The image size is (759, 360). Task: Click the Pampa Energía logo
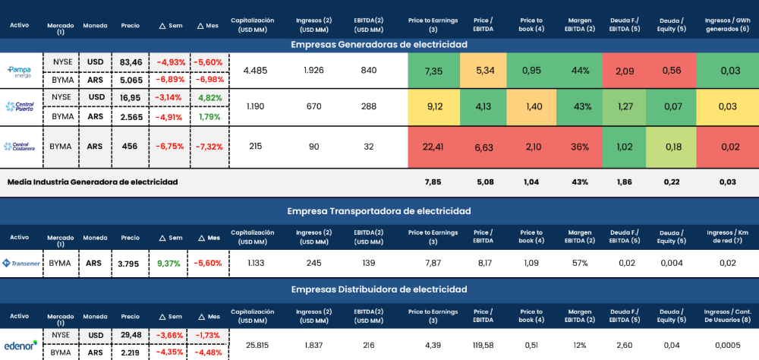click(19, 71)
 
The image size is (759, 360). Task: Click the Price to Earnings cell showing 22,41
click(434, 147)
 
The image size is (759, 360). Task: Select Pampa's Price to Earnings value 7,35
click(434, 71)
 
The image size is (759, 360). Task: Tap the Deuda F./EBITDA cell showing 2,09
click(625, 71)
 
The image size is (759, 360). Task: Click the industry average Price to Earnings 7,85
click(434, 182)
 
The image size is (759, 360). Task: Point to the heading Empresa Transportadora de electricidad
click(379, 210)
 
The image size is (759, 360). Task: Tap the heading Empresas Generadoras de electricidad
click(379, 44)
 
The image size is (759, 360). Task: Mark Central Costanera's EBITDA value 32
click(369, 147)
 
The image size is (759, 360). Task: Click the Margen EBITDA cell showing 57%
click(580, 264)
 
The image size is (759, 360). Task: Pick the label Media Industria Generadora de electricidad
click(92, 182)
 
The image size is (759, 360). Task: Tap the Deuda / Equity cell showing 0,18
click(671, 147)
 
